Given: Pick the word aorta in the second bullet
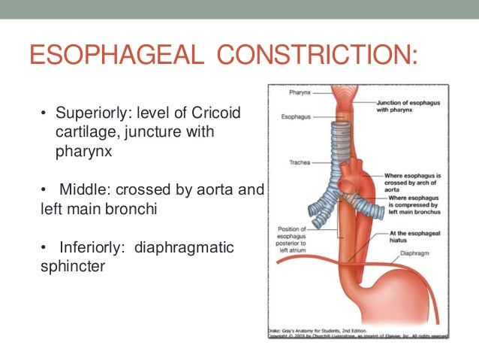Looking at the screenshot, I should click(x=218, y=189).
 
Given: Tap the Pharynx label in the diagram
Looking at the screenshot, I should click(x=300, y=94).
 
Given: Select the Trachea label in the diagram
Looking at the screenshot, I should click(x=299, y=162).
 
